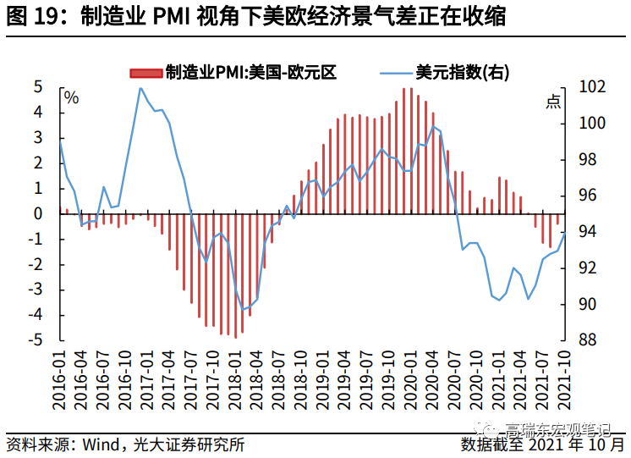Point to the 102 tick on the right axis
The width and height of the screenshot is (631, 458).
591,87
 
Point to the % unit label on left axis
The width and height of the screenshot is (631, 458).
72,98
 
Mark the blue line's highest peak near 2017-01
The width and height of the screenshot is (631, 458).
140,88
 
